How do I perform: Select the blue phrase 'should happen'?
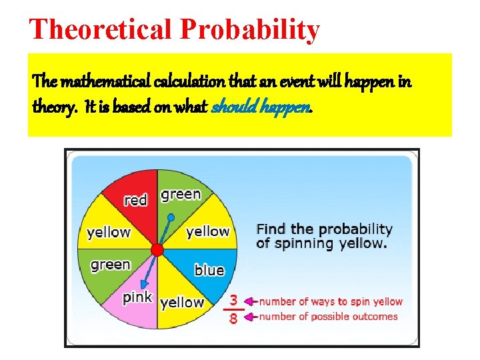(x=261, y=107)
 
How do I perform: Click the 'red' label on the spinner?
(x=135, y=200)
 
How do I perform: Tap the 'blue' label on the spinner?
(x=209, y=270)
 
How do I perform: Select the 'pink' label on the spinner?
(x=137, y=297)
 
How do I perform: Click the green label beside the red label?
(x=181, y=194)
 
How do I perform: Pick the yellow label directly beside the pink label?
(x=181, y=303)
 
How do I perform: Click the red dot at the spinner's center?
(x=157, y=249)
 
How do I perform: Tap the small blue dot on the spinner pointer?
(x=171, y=217)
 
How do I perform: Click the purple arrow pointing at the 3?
(x=251, y=301)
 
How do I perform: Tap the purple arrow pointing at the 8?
(x=251, y=317)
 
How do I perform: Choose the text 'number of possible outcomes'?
(x=328, y=317)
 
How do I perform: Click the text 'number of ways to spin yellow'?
(x=331, y=301)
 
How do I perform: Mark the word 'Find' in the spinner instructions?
(x=272, y=229)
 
